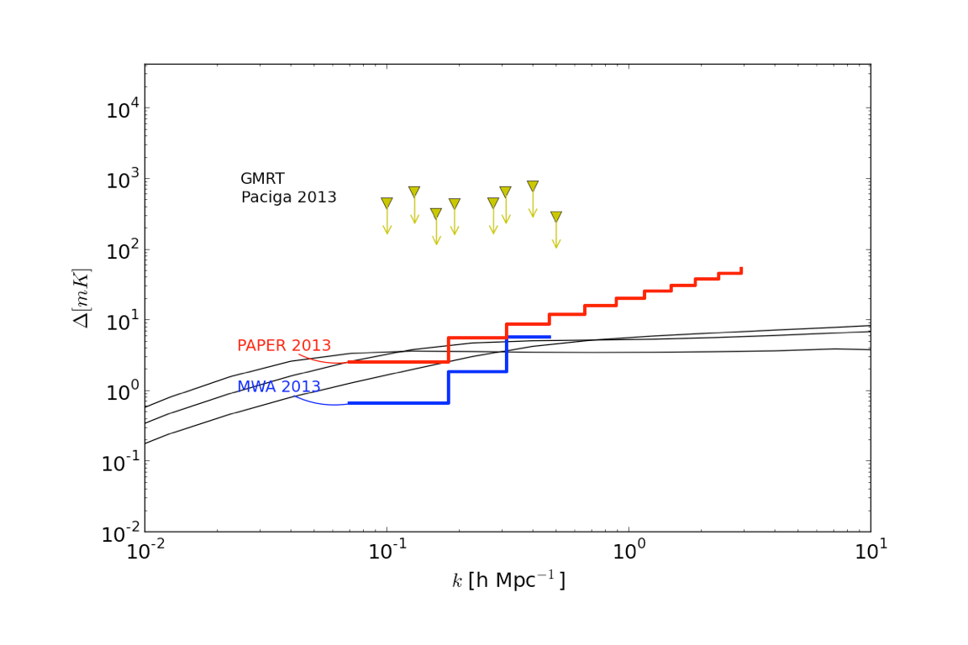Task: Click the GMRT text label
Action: click(x=262, y=179)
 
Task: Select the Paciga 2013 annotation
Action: click(x=288, y=197)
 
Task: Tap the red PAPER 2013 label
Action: click(x=284, y=345)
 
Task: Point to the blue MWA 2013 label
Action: click(x=279, y=386)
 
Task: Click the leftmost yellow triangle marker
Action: click(x=387, y=203)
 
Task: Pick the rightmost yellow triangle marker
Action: click(x=556, y=217)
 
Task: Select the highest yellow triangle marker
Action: click(x=533, y=186)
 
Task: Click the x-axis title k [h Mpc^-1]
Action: click(x=508, y=579)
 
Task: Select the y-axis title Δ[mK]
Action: click(x=84, y=297)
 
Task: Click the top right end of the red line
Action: click(x=741, y=269)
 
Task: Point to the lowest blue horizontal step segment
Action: click(x=398, y=403)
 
